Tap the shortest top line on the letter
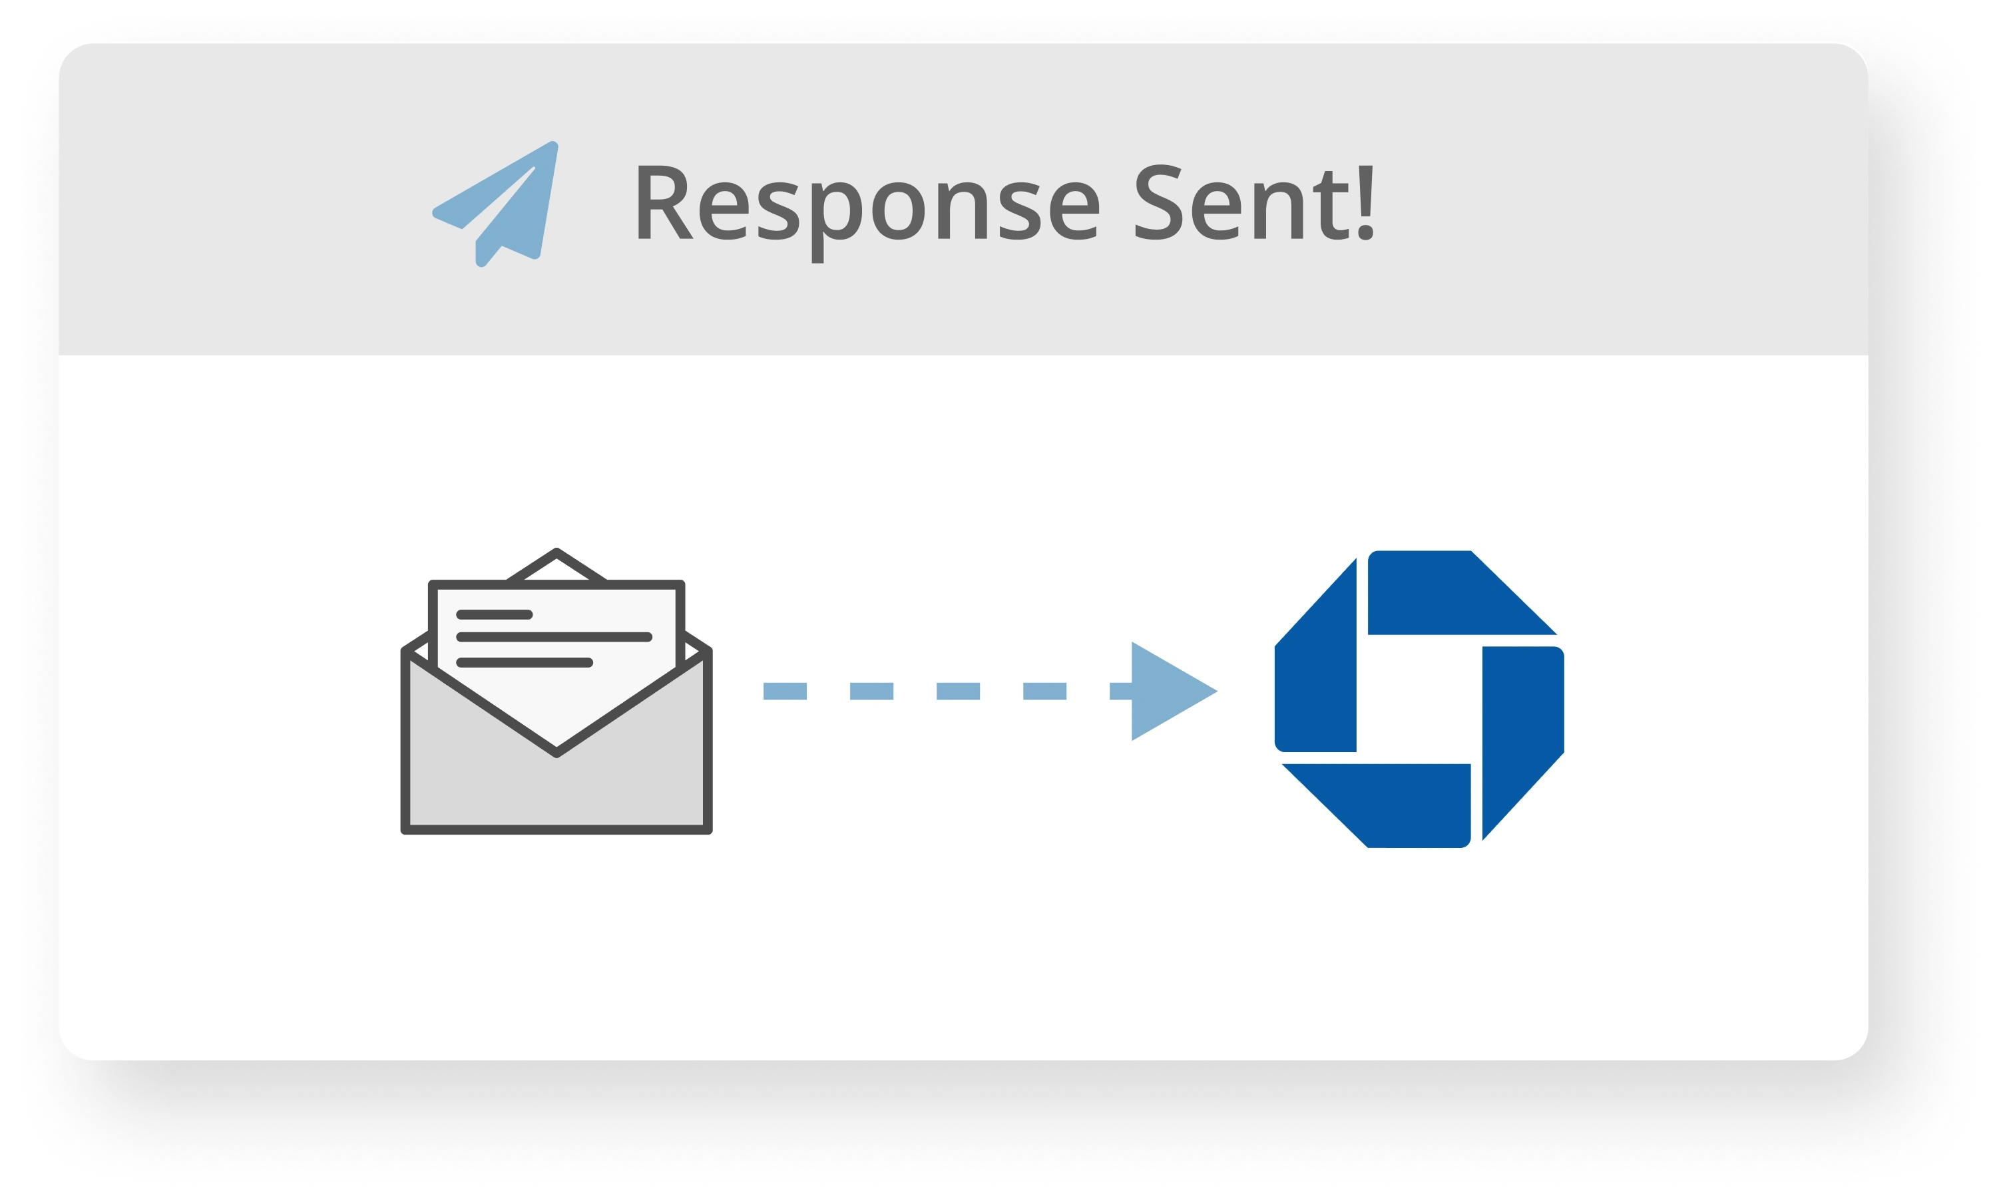tap(494, 614)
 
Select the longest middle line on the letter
tap(554, 637)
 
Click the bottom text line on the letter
tap(525, 663)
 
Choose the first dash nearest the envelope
tap(785, 691)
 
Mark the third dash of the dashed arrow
tap(957, 691)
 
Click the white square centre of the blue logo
tap(1419, 699)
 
